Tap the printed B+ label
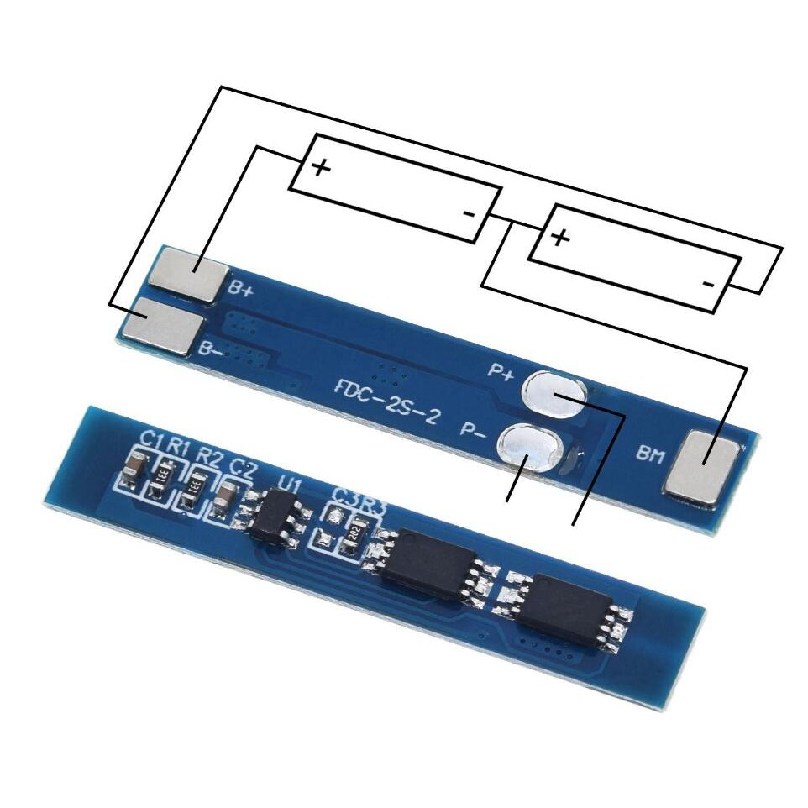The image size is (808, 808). click(241, 290)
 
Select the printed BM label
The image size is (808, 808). click(648, 455)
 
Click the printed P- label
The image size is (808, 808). click(475, 430)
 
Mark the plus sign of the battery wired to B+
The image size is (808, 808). click(321, 167)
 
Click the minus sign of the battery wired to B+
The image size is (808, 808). click(469, 213)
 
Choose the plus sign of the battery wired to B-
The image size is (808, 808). click(560, 237)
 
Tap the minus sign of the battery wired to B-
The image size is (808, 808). click(708, 285)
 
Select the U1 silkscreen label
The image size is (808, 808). click(290, 485)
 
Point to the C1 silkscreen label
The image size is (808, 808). click(151, 439)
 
